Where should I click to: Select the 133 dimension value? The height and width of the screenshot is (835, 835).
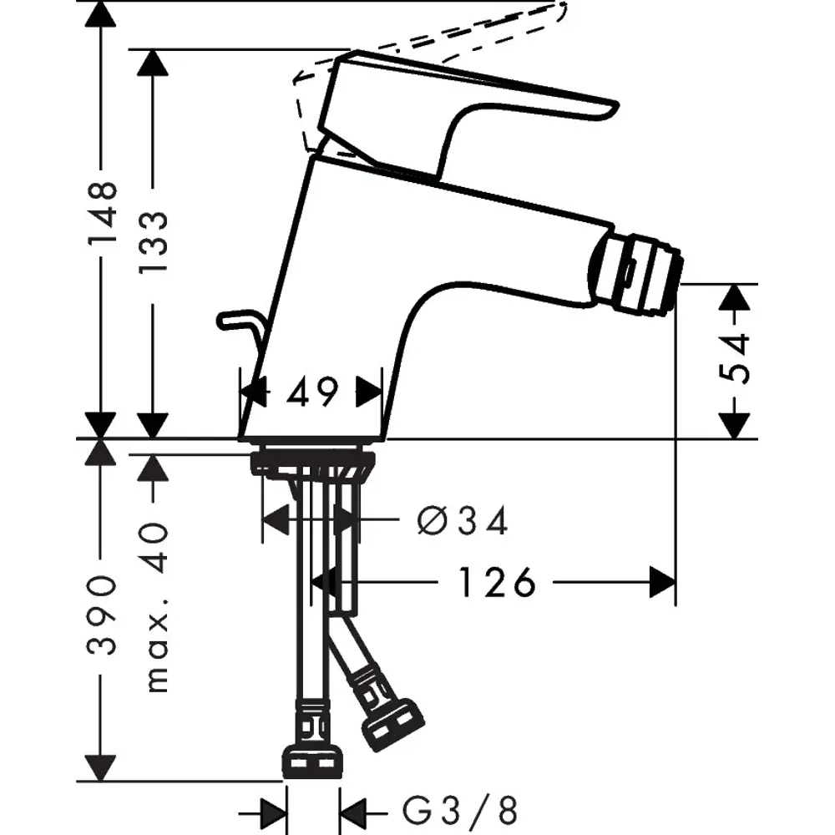pos(154,242)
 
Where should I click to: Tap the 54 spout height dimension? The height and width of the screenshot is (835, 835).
pos(734,358)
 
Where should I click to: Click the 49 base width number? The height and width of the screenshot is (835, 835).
pos(313,391)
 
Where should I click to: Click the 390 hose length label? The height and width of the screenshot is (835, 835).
pos(103,614)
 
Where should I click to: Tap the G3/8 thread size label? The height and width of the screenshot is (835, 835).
pos(460,809)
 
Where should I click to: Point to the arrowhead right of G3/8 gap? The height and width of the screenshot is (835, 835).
pos(353,809)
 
